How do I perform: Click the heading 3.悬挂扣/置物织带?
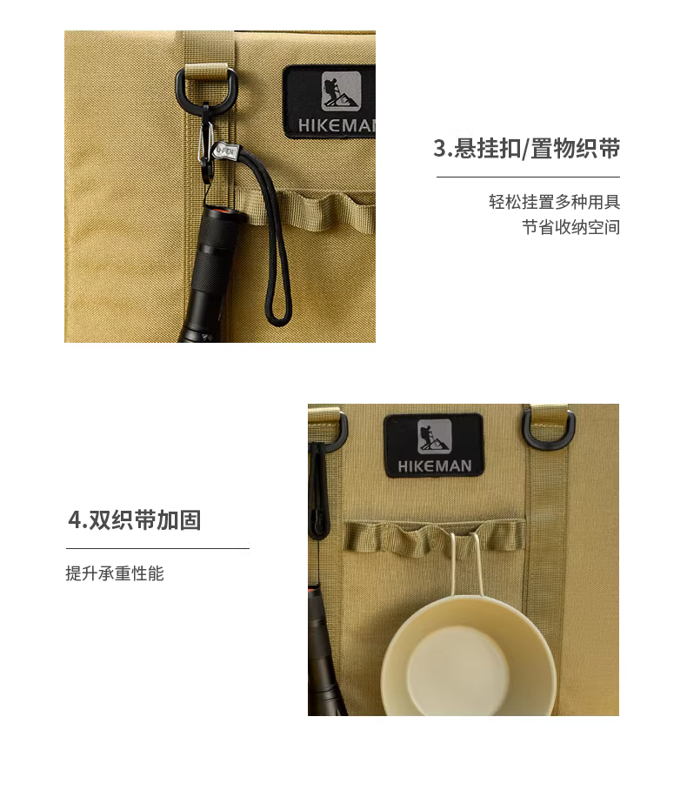(526, 149)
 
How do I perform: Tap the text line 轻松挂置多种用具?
(554, 202)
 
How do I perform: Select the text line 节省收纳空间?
(571, 227)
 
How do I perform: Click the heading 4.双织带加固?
(135, 520)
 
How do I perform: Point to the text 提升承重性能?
(115, 573)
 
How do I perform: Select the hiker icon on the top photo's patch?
(342, 91)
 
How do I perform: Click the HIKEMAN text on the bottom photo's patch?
(435, 466)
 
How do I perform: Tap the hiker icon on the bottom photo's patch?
(435, 436)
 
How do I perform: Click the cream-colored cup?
(469, 656)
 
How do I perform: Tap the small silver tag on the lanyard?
(224, 151)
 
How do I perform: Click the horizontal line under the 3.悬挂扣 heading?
(528, 177)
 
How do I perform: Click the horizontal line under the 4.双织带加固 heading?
(157, 548)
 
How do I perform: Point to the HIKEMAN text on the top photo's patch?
(337, 125)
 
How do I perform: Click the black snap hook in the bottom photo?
(318, 491)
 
